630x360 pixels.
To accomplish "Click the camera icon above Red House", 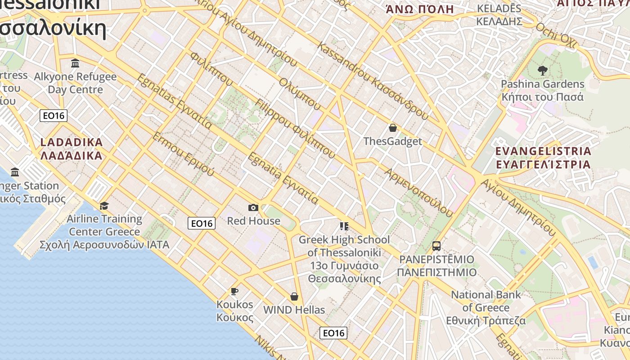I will (x=253, y=207).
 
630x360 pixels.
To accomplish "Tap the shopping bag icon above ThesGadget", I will (x=393, y=128).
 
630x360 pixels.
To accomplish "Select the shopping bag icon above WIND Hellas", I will (x=294, y=297).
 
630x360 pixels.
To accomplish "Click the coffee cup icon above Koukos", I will (x=234, y=291).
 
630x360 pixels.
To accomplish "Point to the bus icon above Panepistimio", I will (x=436, y=246).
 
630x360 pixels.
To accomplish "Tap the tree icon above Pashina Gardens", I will (x=542, y=70).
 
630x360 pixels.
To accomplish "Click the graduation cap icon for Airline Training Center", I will (x=104, y=206).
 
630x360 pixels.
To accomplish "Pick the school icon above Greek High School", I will (x=344, y=226).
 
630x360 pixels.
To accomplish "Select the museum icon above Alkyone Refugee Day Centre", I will (x=75, y=63).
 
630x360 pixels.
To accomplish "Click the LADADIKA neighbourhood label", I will (x=72, y=149).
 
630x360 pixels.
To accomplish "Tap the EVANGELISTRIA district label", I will (x=543, y=157).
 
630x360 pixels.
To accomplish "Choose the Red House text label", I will (x=253, y=221).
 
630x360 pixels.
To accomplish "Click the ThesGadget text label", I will (x=392, y=141).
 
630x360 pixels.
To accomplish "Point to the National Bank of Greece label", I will (x=486, y=308).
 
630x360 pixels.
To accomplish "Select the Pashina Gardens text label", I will (x=542, y=90).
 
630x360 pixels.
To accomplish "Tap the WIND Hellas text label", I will (x=294, y=310).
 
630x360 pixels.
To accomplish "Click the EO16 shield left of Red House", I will (x=202, y=223).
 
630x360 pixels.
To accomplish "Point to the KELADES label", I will (x=499, y=15).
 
